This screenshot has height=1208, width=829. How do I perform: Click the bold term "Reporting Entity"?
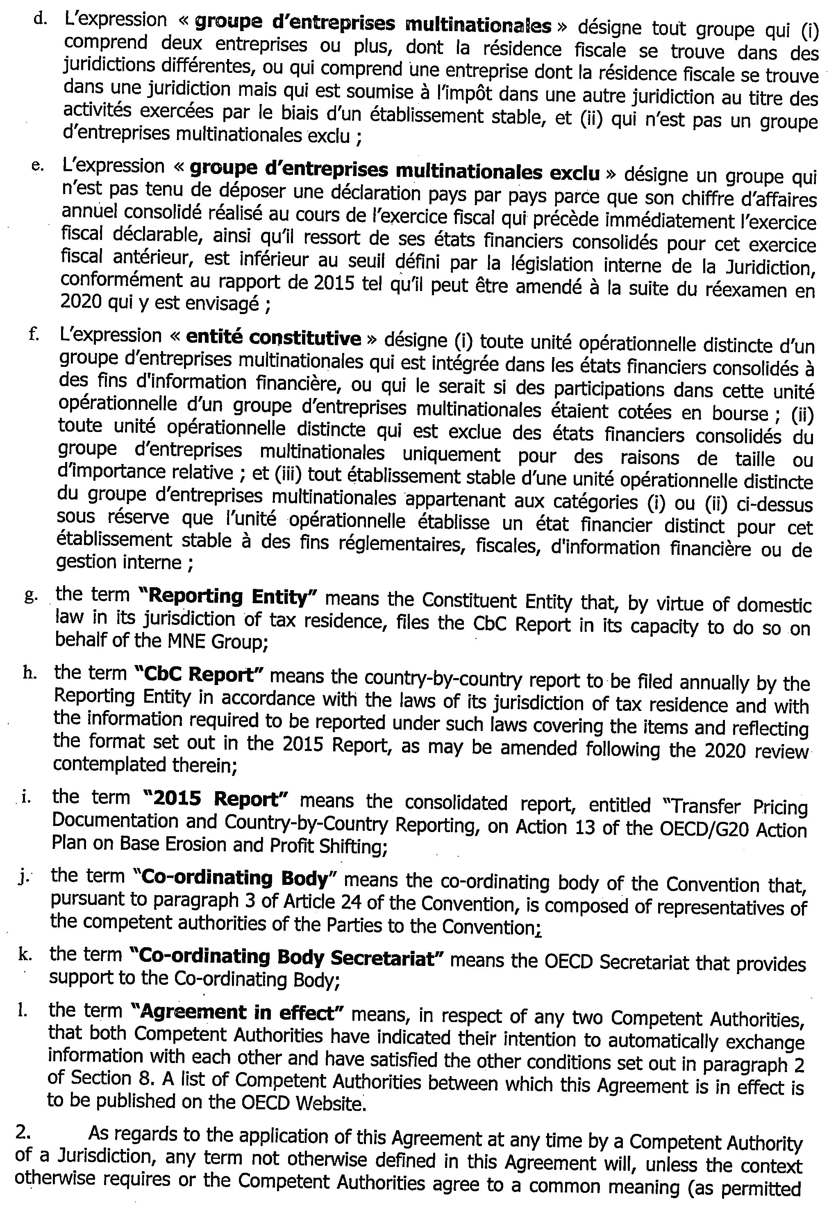click(x=232, y=597)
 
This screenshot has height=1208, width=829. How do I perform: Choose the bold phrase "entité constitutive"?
click(x=273, y=338)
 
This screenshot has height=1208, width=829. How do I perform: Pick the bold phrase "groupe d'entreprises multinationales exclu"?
click(x=395, y=170)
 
